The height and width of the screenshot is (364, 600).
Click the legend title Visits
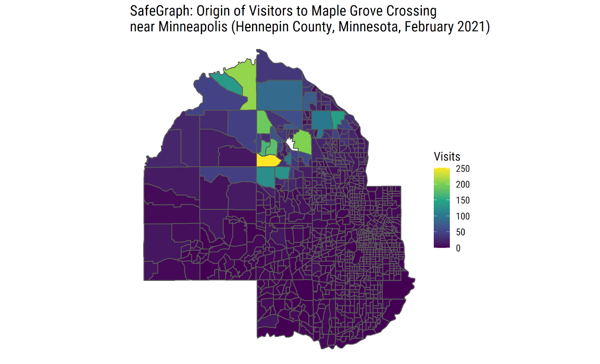[447, 156]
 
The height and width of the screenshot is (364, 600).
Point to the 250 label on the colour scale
[463, 169]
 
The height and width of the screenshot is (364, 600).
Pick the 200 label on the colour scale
[463, 184]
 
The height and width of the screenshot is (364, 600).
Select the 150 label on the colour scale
[463, 200]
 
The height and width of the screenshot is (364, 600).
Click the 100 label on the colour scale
[463, 216]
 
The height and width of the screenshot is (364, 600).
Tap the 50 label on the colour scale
[460, 232]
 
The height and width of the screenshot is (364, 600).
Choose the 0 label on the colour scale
[458, 248]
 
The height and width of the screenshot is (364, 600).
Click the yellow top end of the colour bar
[441, 171]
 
